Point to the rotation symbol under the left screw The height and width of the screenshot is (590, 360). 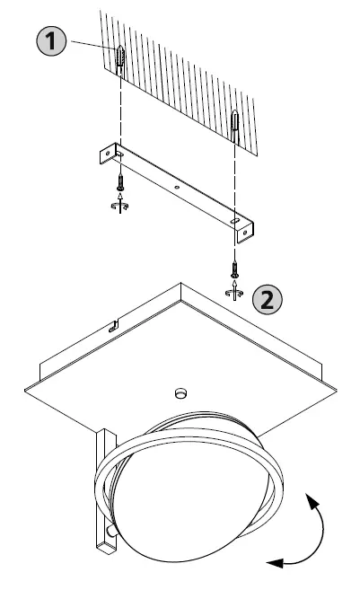click(x=119, y=206)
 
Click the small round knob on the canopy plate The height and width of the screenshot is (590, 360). click(x=180, y=392)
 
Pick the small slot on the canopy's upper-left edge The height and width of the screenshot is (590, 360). click(x=113, y=327)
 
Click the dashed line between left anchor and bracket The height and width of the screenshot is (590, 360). click(x=119, y=108)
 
